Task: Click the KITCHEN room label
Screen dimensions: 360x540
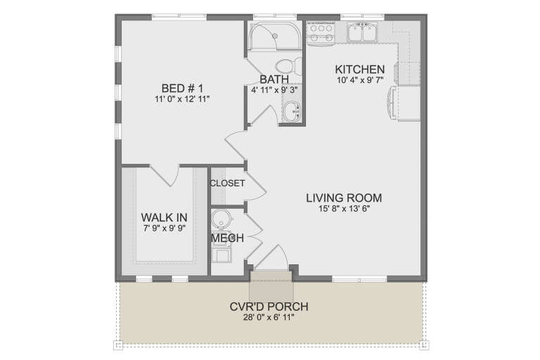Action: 359,69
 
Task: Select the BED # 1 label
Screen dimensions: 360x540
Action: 182,88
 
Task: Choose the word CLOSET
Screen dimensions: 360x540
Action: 227,184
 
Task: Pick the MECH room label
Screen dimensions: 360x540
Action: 227,238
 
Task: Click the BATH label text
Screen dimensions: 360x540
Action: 273,79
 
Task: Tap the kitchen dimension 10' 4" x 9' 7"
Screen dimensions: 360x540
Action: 359,81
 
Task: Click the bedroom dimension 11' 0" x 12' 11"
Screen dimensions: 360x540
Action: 182,100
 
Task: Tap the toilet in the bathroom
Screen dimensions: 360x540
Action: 298,65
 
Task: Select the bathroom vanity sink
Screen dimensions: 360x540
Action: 292,108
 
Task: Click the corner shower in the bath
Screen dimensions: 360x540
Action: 266,35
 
